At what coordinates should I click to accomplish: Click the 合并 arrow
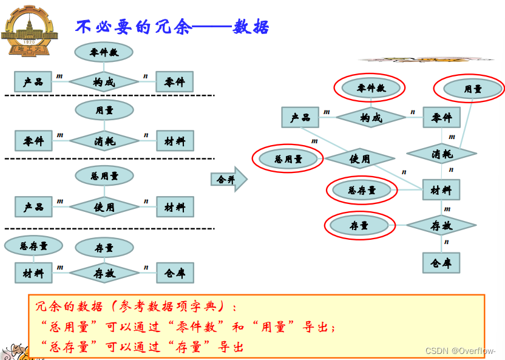pyautogui.click(x=229, y=179)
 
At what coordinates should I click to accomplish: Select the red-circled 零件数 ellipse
pyautogui.click(x=370, y=88)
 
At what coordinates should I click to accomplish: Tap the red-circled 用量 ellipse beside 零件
pyautogui.click(x=473, y=89)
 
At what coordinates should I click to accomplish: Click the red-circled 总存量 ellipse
pyautogui.click(x=362, y=191)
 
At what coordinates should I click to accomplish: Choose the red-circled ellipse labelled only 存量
pyautogui.click(x=359, y=226)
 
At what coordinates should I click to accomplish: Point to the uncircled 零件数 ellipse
pyautogui.click(x=104, y=52)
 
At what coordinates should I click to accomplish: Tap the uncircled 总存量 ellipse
pyautogui.click(x=33, y=246)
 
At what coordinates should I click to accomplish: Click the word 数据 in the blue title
pyautogui.click(x=251, y=27)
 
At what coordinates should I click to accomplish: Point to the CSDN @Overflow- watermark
pyautogui.click(x=460, y=351)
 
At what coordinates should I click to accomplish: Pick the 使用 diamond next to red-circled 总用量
pyautogui.click(x=359, y=159)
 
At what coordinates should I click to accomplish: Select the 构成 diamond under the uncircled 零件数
pyautogui.click(x=104, y=82)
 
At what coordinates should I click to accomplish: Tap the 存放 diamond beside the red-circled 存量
pyautogui.click(x=442, y=226)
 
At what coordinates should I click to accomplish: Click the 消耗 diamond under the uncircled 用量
pyautogui.click(x=104, y=141)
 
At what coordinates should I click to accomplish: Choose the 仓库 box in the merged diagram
pyautogui.click(x=441, y=263)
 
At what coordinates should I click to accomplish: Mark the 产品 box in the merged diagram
pyautogui.click(x=300, y=117)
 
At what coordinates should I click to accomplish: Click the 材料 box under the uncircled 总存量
pyautogui.click(x=33, y=273)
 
